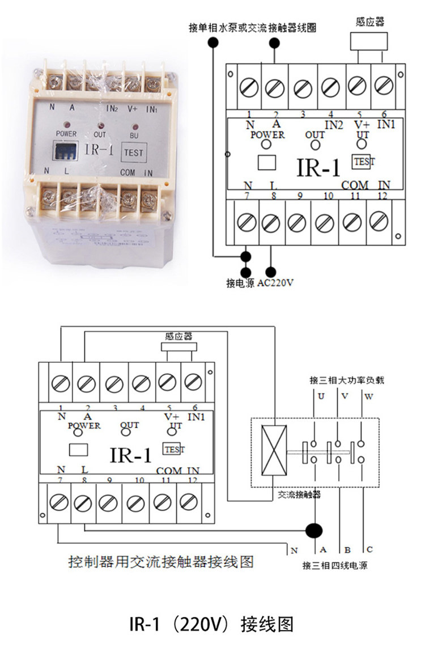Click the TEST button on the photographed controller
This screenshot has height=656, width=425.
pyautogui.click(x=133, y=152)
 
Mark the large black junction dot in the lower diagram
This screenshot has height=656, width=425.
pyautogui.click(x=313, y=531)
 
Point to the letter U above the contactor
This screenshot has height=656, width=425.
pyautogui.click(x=321, y=396)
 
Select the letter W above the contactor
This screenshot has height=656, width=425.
pyautogui.click(x=368, y=396)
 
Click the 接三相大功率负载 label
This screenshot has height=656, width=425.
pyautogui.click(x=347, y=379)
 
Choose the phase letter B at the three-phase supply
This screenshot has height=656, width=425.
pyautogui.click(x=347, y=549)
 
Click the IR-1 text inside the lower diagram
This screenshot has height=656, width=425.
pyautogui.click(x=131, y=455)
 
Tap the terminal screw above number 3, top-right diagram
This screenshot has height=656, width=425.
pyautogui.click(x=303, y=88)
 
